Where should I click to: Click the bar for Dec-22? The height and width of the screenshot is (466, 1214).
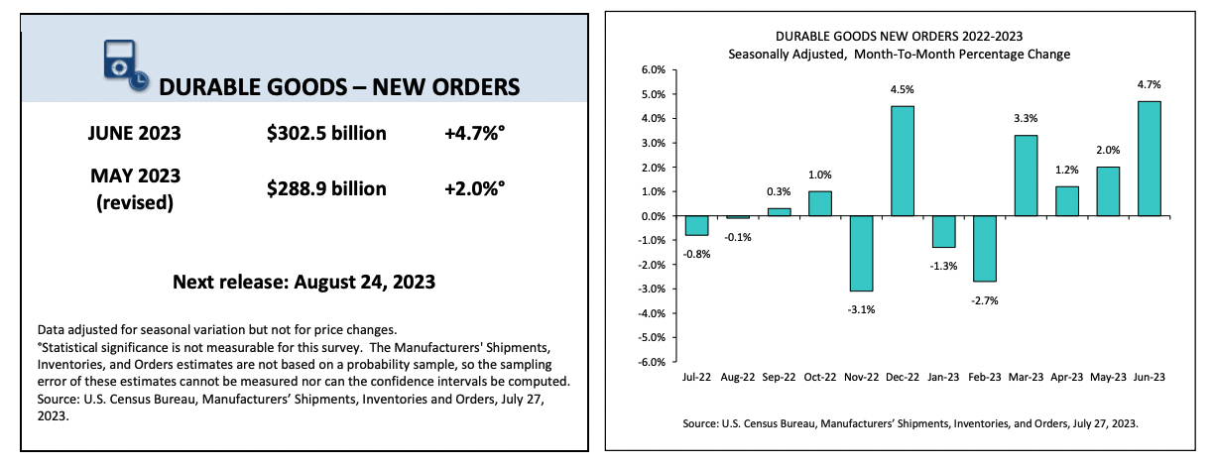pyautogui.click(x=902, y=161)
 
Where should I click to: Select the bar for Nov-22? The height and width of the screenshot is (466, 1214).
pyautogui.click(x=862, y=253)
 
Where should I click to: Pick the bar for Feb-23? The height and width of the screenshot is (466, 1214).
pyautogui.click(x=984, y=249)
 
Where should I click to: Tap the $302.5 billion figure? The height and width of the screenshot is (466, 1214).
pyautogui.click(x=326, y=133)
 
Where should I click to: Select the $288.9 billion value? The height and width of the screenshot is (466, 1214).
pyautogui.click(x=326, y=188)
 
